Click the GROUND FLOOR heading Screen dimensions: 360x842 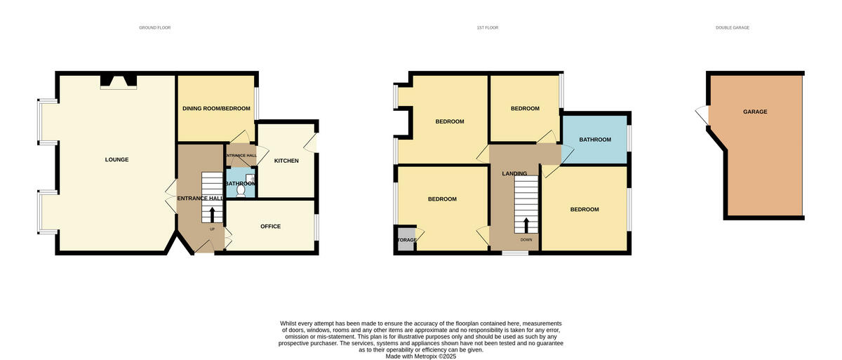coord(154,28)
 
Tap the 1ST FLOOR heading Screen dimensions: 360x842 coord(487,28)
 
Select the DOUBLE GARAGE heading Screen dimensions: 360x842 coord(733,28)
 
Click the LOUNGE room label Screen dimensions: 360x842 coord(116,160)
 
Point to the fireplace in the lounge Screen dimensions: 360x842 coord(119,82)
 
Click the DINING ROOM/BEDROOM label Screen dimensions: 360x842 coord(216,109)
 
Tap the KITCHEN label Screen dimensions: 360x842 coord(286,161)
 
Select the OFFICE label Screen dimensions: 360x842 coord(270,227)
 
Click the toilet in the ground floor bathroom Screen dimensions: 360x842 coord(242,189)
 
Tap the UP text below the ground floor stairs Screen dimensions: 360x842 coord(212,229)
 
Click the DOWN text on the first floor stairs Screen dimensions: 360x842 coord(526,239)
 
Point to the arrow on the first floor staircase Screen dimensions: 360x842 coord(526,225)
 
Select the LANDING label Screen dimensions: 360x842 coord(514,173)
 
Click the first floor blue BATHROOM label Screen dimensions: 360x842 coord(594,140)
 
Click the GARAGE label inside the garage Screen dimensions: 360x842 coord(755,112)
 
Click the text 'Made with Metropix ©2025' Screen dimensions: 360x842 coord(421,356)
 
